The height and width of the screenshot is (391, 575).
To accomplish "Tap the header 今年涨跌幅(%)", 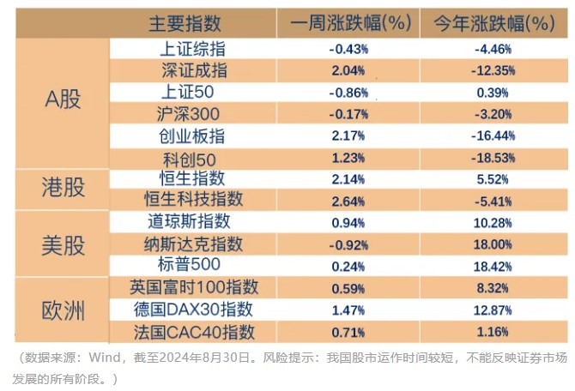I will tap(491, 23).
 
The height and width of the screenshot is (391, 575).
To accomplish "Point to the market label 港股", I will tap(63, 187).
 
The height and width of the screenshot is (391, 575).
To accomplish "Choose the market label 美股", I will tap(63, 244).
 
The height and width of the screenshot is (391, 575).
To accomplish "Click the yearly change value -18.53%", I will tap(493, 158).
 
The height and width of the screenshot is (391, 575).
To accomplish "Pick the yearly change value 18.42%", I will tap(493, 265).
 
